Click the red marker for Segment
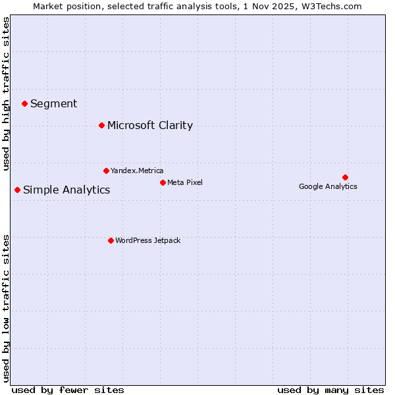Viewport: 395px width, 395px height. tap(24, 103)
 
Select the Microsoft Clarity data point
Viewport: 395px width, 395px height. tap(101, 125)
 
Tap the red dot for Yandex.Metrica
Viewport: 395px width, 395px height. tap(106, 171)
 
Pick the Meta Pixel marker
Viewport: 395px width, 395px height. tap(163, 182)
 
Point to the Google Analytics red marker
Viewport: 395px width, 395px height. tap(345, 177)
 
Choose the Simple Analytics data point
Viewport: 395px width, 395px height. tap(17, 190)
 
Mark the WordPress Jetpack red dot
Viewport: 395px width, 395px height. tap(111, 240)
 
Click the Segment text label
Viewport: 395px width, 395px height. tap(53, 103)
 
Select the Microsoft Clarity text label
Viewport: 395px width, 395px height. tap(150, 125)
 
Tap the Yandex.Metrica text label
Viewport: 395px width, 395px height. tap(137, 171)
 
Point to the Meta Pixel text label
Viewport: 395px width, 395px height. tap(185, 182)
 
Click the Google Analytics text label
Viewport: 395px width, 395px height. tap(328, 186)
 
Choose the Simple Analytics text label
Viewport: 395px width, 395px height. tap(66, 190)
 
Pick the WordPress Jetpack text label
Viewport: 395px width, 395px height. tap(147, 240)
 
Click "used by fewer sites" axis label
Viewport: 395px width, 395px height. tap(68, 390)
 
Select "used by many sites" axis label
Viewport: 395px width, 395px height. tap(330, 390)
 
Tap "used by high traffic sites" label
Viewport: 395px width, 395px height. tap(7, 93)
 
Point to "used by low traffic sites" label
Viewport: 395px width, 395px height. tap(7, 307)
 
